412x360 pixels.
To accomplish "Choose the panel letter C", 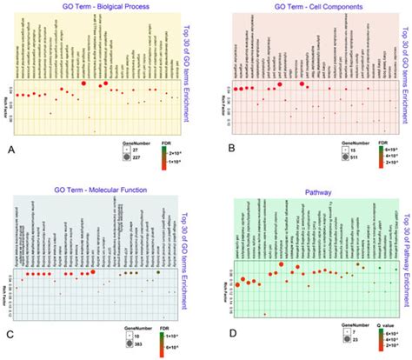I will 9,333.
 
